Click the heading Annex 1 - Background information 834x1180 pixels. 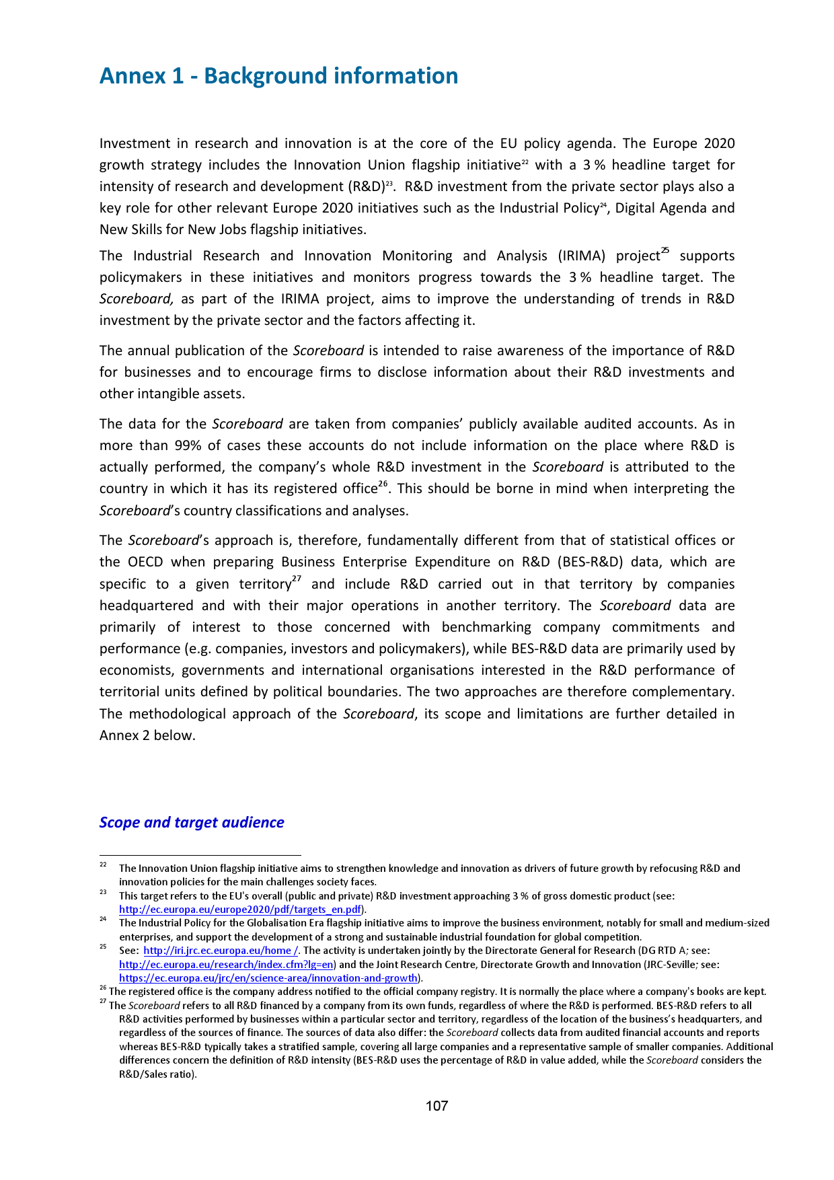[x=278, y=76]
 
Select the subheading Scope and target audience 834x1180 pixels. [x=192, y=822]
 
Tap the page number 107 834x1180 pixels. [x=437, y=1106]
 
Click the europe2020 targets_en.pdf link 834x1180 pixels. [x=240, y=910]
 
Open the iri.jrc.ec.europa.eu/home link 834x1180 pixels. [x=221, y=951]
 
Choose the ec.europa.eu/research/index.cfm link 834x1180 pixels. [x=226, y=964]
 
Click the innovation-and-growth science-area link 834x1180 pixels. [x=268, y=978]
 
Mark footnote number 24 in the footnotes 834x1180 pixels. [x=103, y=920]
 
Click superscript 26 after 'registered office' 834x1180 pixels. [x=383, y=484]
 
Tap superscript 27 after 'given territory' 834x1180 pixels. [x=296, y=580]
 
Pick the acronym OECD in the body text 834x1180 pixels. [x=143, y=562]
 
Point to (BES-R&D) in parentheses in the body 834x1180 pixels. [x=580, y=562]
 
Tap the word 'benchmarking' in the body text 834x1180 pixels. [x=486, y=627]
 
